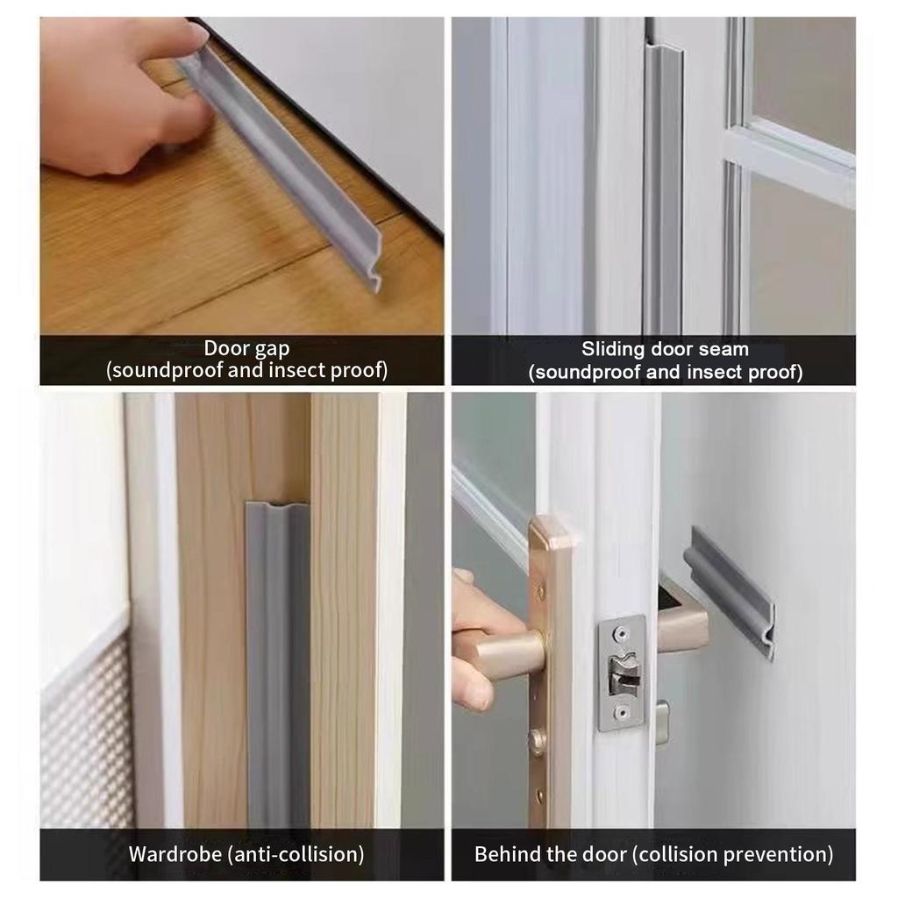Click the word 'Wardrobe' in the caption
click(175, 854)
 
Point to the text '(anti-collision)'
click(296, 854)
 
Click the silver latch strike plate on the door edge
click(623, 673)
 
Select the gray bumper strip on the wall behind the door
click(733, 593)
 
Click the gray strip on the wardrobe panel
click(278, 665)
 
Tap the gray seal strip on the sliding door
click(663, 189)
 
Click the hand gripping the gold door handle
click(475, 641)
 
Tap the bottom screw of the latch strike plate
click(622, 713)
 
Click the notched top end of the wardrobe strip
click(278, 506)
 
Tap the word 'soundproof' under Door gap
click(166, 371)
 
